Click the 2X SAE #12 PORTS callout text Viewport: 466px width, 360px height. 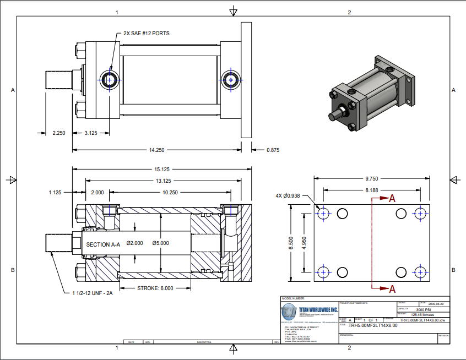(147, 34)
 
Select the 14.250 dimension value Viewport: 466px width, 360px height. (156, 150)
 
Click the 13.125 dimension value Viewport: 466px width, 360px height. (164, 181)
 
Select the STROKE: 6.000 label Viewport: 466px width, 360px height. (155, 288)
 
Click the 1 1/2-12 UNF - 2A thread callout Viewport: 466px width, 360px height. (93, 293)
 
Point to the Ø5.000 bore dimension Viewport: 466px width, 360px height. (161, 243)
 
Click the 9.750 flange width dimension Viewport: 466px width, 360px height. (372, 178)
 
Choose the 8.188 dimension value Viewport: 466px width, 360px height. (372, 190)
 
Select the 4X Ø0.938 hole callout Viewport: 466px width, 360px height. (288, 195)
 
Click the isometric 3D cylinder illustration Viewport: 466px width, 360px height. (373, 94)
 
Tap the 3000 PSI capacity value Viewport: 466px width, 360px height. (409, 310)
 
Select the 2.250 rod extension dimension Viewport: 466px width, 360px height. (59, 133)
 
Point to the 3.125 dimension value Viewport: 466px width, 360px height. (91, 133)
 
